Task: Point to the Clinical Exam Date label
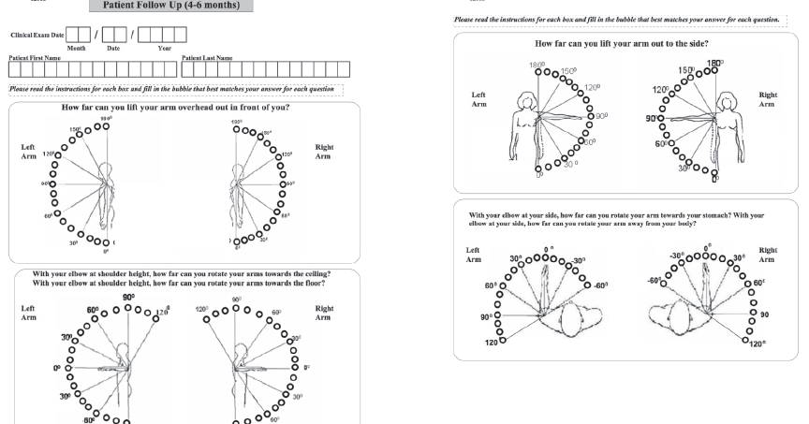click(37, 35)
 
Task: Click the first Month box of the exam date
click(72, 36)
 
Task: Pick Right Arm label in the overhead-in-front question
click(325, 153)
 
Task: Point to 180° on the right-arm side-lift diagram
click(714, 64)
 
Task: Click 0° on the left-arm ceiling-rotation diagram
click(57, 357)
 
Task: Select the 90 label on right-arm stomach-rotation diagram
click(763, 314)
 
